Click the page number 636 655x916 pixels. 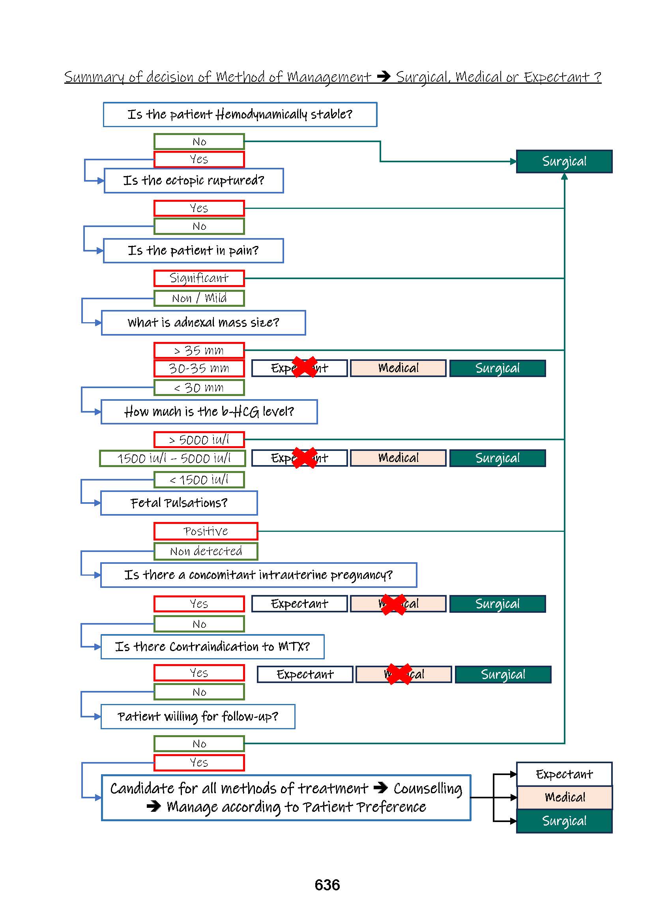(327, 884)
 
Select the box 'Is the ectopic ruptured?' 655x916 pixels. (194, 180)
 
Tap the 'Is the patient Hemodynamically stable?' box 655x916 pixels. (240, 114)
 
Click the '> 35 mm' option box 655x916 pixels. (199, 350)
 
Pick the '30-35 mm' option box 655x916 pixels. (199, 368)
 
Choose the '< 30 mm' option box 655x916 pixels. (199, 387)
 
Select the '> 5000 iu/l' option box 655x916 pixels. (199, 439)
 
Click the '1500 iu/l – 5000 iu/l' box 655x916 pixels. (172, 458)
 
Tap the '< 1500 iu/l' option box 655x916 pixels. (199, 480)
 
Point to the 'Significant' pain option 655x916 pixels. (199, 278)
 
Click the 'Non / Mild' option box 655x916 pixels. (199, 298)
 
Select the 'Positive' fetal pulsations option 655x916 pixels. (206, 531)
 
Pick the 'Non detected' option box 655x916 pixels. (206, 551)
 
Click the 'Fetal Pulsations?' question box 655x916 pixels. (179, 503)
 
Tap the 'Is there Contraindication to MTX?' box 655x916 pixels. (212, 647)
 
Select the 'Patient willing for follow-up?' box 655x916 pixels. (198, 717)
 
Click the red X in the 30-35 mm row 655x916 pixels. (305, 367)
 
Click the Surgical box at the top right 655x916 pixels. (564, 161)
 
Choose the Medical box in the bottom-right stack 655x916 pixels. (564, 797)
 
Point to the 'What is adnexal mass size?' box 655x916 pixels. (203, 323)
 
